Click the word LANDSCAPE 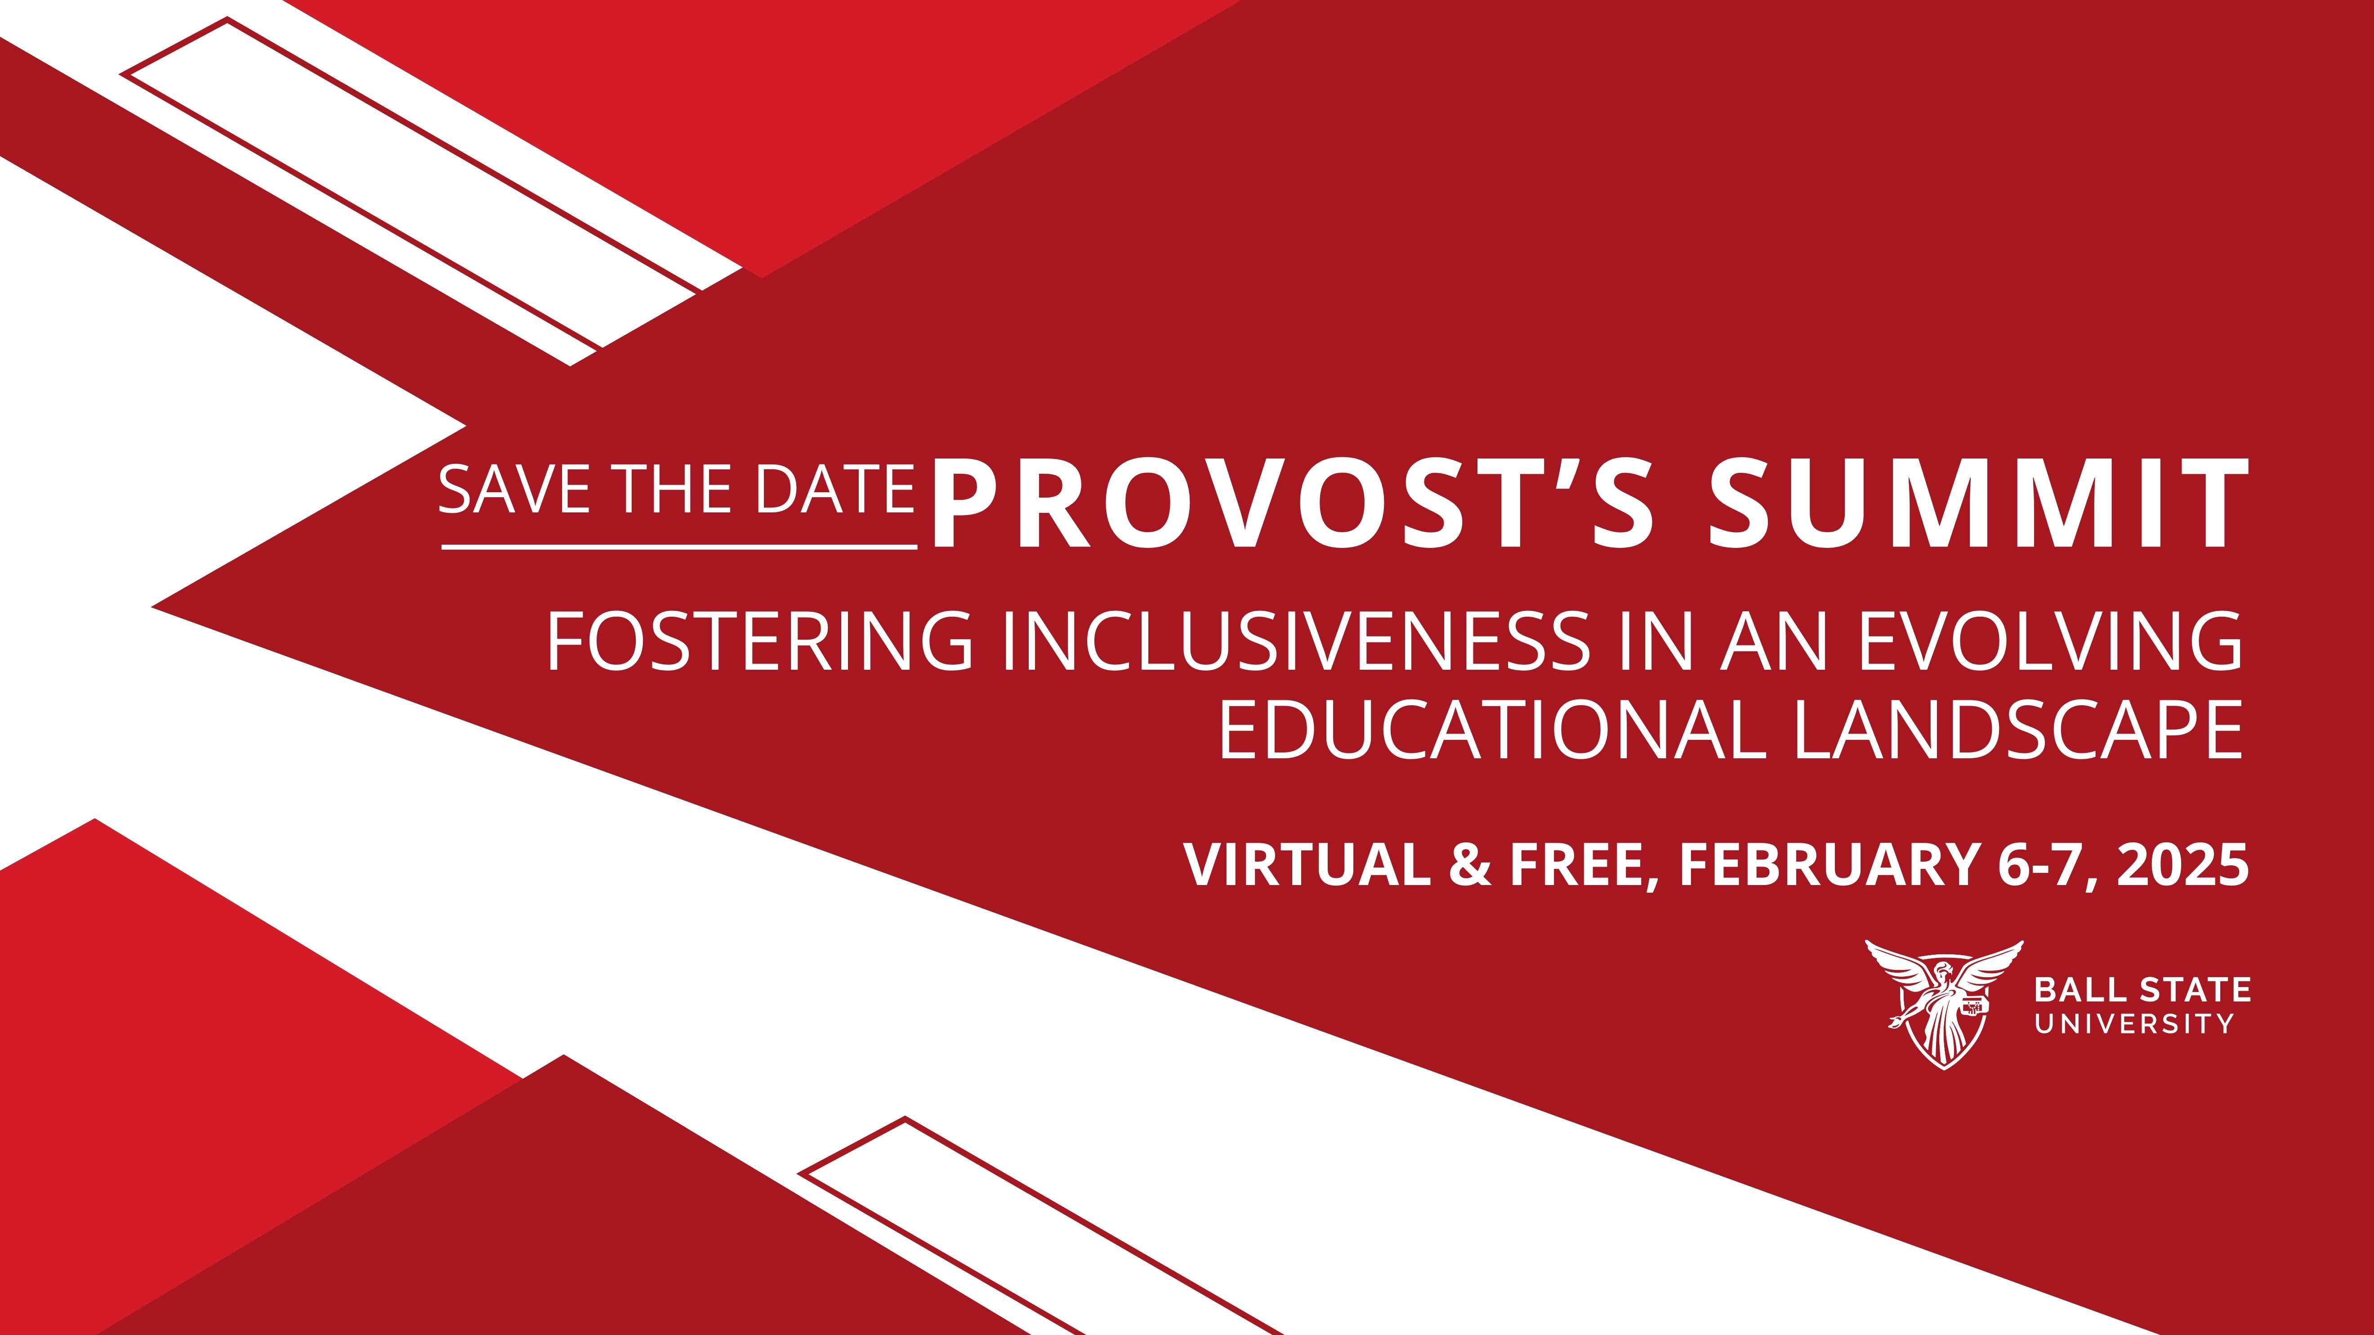(2018, 730)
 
